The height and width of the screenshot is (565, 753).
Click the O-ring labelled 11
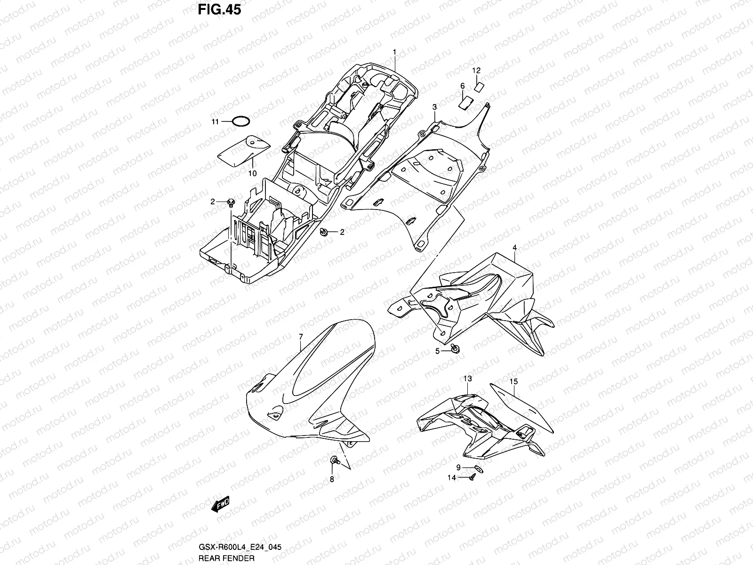coord(240,121)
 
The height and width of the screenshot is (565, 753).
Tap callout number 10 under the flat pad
coord(252,173)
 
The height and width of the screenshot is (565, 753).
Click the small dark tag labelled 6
coord(465,102)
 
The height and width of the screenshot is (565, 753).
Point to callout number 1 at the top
coord(395,51)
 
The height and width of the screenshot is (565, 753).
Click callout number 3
coord(434,107)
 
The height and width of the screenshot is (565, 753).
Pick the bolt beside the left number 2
coord(230,202)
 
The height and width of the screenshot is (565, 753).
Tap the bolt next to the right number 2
coord(323,232)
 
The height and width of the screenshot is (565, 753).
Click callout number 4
coord(515,247)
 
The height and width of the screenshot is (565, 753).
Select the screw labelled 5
coord(455,348)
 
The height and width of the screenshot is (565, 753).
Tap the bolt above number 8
coord(335,460)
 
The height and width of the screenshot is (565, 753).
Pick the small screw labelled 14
coord(472,477)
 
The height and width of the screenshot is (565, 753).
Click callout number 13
coord(467,379)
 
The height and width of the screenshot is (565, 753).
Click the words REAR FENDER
coord(226,558)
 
